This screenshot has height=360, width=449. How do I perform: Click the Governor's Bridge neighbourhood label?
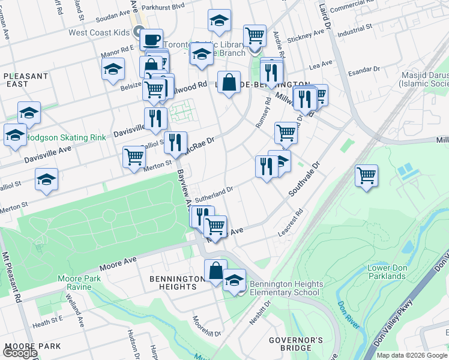coord(295,344)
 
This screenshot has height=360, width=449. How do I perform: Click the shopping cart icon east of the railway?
coord(366,176)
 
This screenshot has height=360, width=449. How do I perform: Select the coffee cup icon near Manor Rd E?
coord(151,40)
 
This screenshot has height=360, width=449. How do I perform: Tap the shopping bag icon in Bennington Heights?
coord(215,271)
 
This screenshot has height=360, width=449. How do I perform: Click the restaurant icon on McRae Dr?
coord(175,143)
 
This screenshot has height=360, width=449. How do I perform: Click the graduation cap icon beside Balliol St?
coord(46,179)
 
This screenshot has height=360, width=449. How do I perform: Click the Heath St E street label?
coord(48,325)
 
